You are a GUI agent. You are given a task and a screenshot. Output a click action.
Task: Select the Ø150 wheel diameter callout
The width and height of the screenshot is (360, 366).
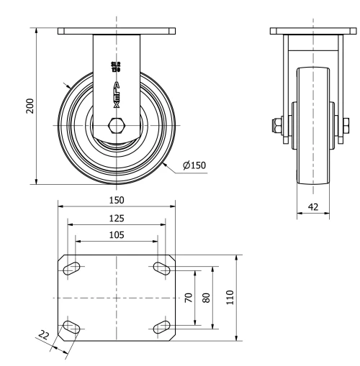(x=194, y=165)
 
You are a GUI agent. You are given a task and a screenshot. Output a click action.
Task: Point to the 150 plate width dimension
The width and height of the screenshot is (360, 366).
(x=117, y=200)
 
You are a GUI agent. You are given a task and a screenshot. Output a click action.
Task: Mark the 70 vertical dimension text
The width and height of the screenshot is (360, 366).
(x=189, y=298)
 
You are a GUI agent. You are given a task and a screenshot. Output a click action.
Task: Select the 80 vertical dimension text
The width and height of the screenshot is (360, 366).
(x=206, y=298)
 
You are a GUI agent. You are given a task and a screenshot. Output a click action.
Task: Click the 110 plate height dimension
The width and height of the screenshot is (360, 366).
(x=231, y=298)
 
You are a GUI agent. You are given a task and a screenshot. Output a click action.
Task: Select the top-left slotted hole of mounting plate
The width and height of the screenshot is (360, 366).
(x=72, y=268)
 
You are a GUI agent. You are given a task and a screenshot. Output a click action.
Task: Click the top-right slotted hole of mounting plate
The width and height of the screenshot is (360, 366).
(x=161, y=268)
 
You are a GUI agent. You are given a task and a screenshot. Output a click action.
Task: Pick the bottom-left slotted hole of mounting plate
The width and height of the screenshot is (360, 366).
(x=72, y=328)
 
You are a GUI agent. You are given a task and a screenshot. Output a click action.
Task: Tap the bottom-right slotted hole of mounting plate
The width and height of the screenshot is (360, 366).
(x=161, y=328)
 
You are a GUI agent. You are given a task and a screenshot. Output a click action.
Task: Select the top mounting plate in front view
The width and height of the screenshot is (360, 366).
(x=117, y=31)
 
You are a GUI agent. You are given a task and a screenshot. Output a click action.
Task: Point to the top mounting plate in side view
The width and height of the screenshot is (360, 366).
(x=313, y=31)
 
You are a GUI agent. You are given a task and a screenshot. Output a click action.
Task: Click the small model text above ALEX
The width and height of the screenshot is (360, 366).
(x=116, y=68)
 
